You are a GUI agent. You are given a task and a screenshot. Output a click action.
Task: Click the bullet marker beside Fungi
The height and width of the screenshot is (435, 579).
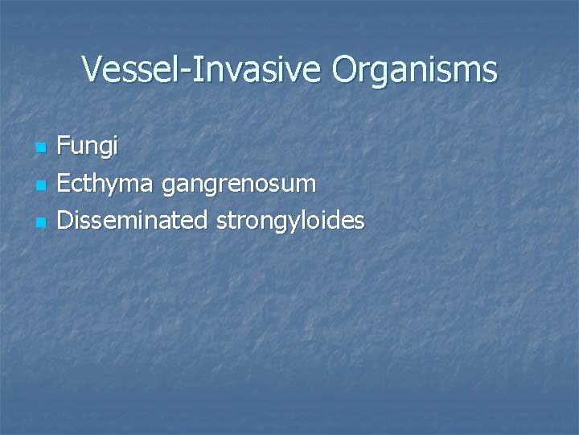(x=42, y=148)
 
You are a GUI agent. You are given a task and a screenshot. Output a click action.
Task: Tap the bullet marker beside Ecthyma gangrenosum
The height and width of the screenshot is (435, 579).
(x=42, y=185)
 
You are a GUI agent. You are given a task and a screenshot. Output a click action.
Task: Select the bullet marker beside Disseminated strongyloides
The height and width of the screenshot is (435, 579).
(x=42, y=222)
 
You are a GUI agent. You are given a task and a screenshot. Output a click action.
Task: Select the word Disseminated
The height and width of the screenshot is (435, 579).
(x=133, y=220)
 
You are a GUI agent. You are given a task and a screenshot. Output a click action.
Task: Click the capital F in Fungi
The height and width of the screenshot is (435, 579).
(x=64, y=146)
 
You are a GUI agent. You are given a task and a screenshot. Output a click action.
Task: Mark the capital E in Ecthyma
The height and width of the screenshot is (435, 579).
(x=64, y=183)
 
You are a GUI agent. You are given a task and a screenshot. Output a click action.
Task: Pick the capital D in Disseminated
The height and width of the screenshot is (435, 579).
(x=65, y=219)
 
